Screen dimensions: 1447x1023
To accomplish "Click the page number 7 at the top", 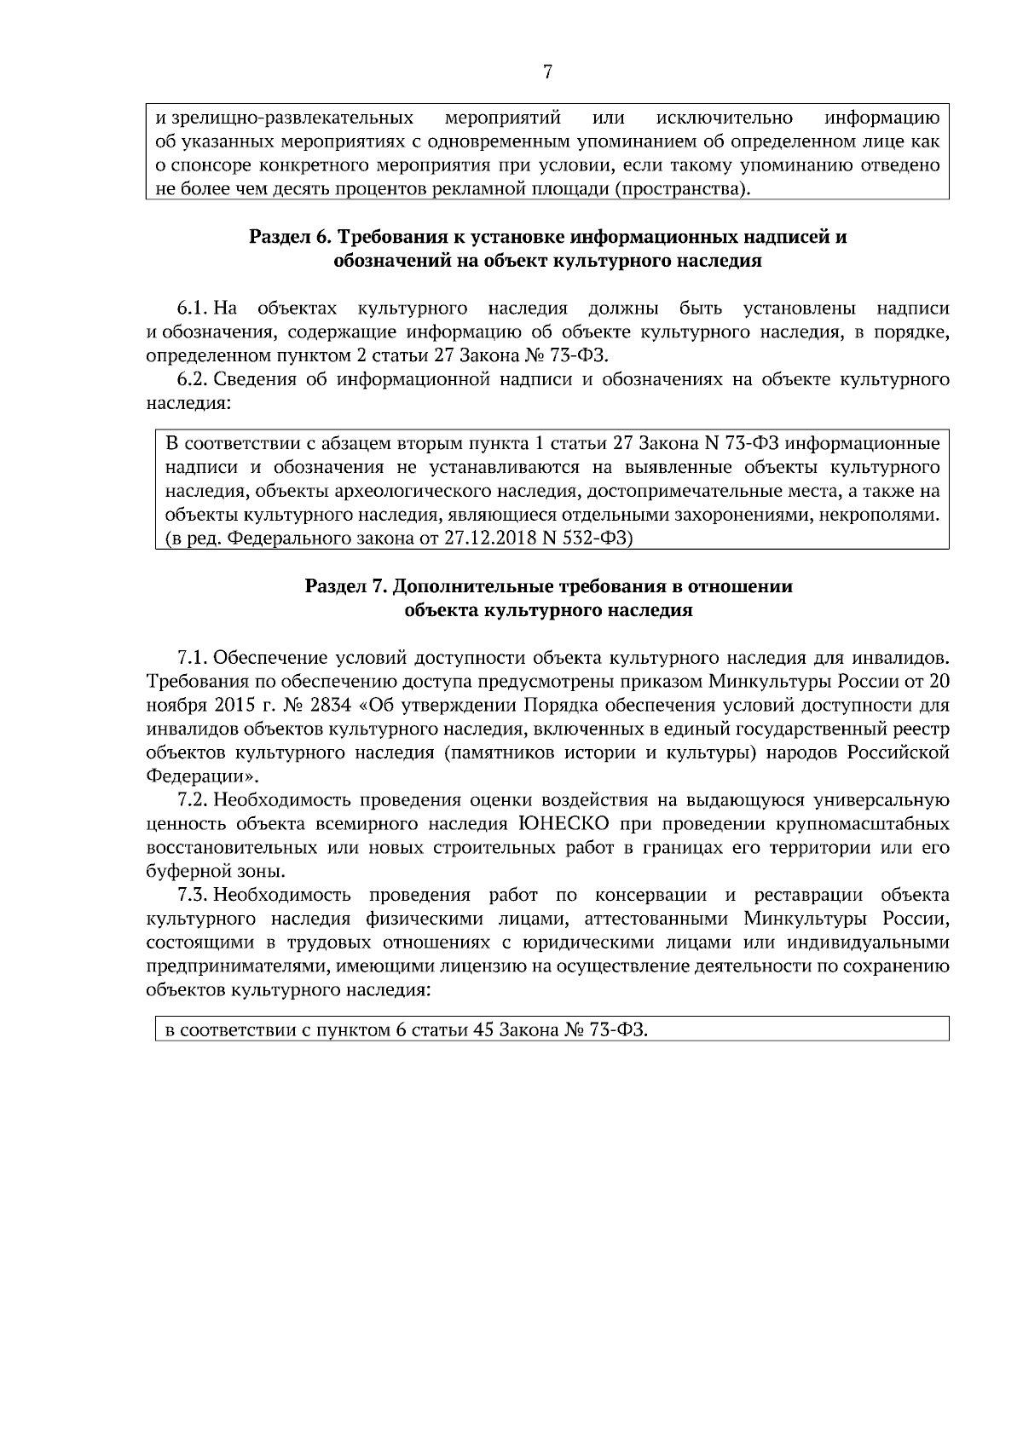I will (547, 73).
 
